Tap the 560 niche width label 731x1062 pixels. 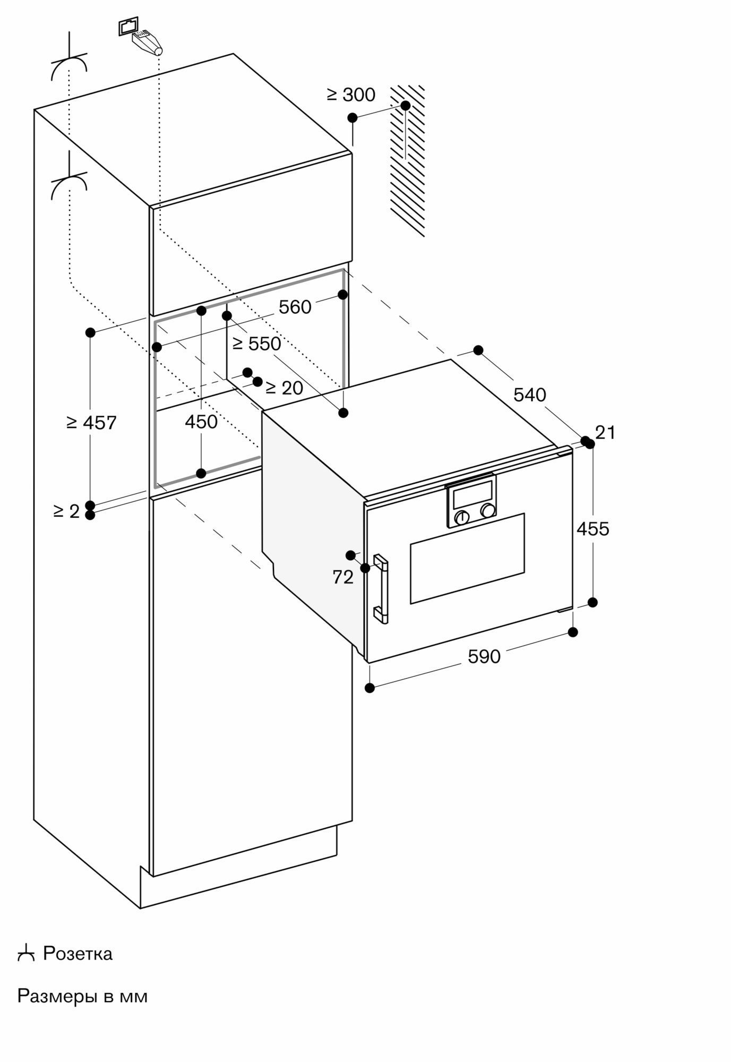coord(295,307)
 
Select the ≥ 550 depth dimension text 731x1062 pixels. coord(257,344)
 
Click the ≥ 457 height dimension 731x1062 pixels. coord(91,423)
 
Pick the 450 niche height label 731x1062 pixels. coord(201,422)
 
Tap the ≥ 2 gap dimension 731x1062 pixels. coord(66,511)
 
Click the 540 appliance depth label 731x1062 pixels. coord(530,395)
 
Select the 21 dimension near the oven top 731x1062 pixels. coord(605,433)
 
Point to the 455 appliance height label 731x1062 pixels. coord(592,529)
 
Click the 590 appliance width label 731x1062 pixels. coord(484,657)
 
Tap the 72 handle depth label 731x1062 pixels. coord(343,577)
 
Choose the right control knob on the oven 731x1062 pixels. coord(487,510)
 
